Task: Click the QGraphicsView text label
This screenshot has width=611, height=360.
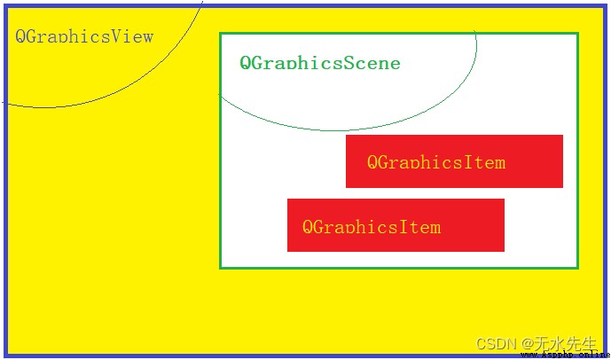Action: (x=84, y=36)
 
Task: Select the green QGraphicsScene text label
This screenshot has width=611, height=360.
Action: (x=320, y=63)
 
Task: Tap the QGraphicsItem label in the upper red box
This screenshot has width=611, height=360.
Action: (x=436, y=162)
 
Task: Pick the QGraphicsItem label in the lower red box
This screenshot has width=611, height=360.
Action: (x=372, y=227)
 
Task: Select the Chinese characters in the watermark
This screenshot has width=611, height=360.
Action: (x=568, y=343)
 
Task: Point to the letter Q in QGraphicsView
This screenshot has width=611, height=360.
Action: (x=21, y=36)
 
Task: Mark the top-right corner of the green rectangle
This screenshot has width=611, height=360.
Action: (x=578, y=34)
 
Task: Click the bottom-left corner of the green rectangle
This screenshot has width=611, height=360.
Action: (x=221, y=268)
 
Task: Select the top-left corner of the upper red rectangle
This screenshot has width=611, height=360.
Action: (x=346, y=135)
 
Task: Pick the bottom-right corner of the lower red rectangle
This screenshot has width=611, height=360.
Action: (x=505, y=251)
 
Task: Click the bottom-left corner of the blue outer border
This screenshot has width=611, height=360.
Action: (x=5, y=356)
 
